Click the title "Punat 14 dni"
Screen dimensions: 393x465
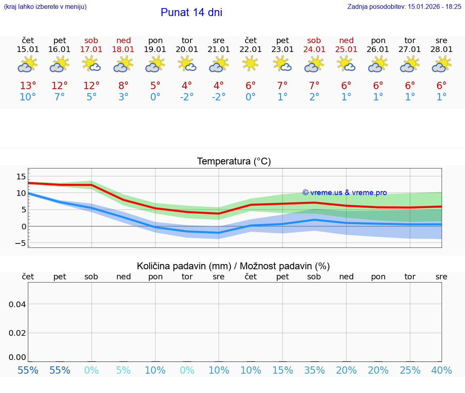tap(191, 12)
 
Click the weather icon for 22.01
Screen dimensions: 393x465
tap(250, 64)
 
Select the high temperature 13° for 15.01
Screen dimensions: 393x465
tap(28, 86)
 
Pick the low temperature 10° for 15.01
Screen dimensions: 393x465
tap(28, 97)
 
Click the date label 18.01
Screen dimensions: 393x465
tap(124, 50)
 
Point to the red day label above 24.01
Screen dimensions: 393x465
tap(314, 40)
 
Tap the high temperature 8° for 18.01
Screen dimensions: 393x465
tap(124, 86)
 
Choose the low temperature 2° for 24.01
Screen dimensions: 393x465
tap(314, 97)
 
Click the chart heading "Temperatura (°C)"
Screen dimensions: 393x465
tap(234, 162)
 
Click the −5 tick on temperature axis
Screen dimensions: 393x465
tap(19, 243)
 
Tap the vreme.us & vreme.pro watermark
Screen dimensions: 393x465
tap(344, 193)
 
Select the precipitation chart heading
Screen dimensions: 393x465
tap(233, 266)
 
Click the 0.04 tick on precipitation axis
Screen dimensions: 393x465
tap(17, 304)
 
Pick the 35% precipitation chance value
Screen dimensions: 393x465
tap(314, 370)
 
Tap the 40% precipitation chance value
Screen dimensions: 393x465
tap(442, 370)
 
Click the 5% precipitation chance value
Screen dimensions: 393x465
tap(124, 370)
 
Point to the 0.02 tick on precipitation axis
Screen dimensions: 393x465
tap(17, 333)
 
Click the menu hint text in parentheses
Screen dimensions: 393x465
tap(45, 6)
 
